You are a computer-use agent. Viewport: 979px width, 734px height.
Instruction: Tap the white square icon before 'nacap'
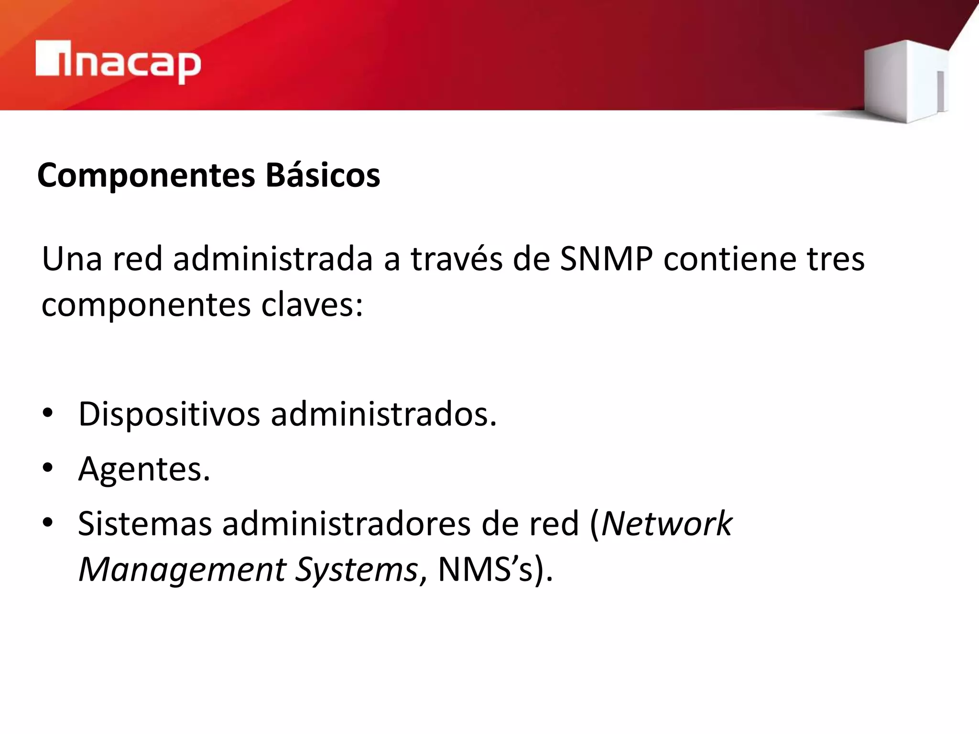click(x=48, y=58)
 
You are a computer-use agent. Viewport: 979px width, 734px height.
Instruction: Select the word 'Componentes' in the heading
click(x=146, y=175)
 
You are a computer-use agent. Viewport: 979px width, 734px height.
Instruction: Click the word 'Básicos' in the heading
click(x=323, y=175)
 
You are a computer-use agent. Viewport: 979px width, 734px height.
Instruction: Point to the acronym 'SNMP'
click(x=606, y=259)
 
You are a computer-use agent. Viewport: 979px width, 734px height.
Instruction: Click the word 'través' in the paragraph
click(x=457, y=259)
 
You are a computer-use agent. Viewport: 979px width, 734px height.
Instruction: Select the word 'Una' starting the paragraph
click(x=72, y=259)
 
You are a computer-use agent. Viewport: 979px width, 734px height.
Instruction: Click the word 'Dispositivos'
click(x=169, y=414)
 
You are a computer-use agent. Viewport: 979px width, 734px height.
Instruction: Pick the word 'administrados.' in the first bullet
click(x=384, y=414)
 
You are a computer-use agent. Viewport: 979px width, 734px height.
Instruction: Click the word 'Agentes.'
click(x=144, y=469)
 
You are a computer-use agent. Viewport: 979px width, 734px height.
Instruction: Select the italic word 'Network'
click(x=666, y=524)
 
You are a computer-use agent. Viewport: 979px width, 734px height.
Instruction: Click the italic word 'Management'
click(x=182, y=570)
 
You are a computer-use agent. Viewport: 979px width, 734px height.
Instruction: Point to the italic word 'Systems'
click(x=356, y=570)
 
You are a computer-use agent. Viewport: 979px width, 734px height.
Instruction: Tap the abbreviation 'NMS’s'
click(x=485, y=570)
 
